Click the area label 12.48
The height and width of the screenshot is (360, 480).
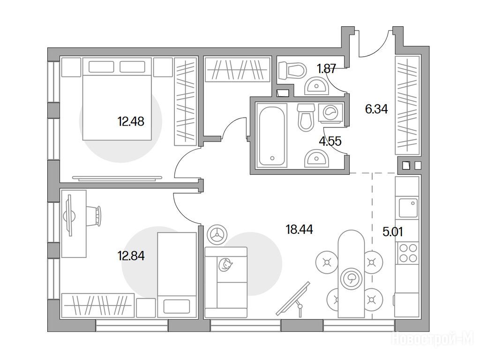tap(131, 121)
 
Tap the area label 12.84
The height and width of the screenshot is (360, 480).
tap(131, 255)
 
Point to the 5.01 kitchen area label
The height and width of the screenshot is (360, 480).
tap(393, 232)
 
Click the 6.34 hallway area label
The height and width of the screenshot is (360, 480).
tap(376, 109)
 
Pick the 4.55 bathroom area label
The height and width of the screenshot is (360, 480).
tap(330, 141)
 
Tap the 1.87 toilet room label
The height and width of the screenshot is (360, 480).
tap(327, 68)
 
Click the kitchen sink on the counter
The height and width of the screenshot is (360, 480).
tap(408, 207)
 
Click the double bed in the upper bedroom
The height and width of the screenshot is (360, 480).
tap(117, 99)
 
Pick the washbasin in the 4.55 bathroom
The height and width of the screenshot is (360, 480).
tap(316, 158)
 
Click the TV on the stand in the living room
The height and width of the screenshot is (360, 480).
tap(293, 299)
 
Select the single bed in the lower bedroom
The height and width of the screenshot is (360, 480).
tap(177, 275)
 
